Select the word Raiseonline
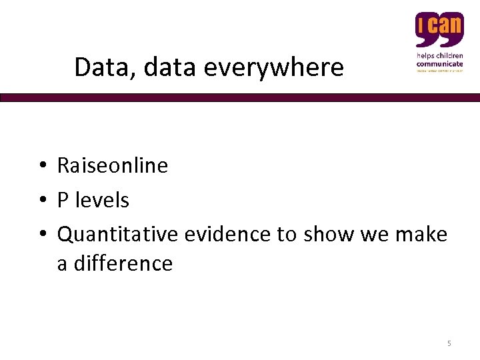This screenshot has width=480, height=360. coord(112,165)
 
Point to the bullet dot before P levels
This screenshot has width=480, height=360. coord(41,200)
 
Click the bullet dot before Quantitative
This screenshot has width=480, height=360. coord(41,235)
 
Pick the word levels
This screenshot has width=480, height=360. coord(102,199)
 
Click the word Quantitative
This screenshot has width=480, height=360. coord(118,234)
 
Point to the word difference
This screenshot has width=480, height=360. coord(123,263)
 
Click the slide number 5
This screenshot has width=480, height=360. coord(449,343)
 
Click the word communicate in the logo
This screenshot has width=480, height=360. coord(439,63)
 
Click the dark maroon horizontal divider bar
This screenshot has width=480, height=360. coord(240,97)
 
